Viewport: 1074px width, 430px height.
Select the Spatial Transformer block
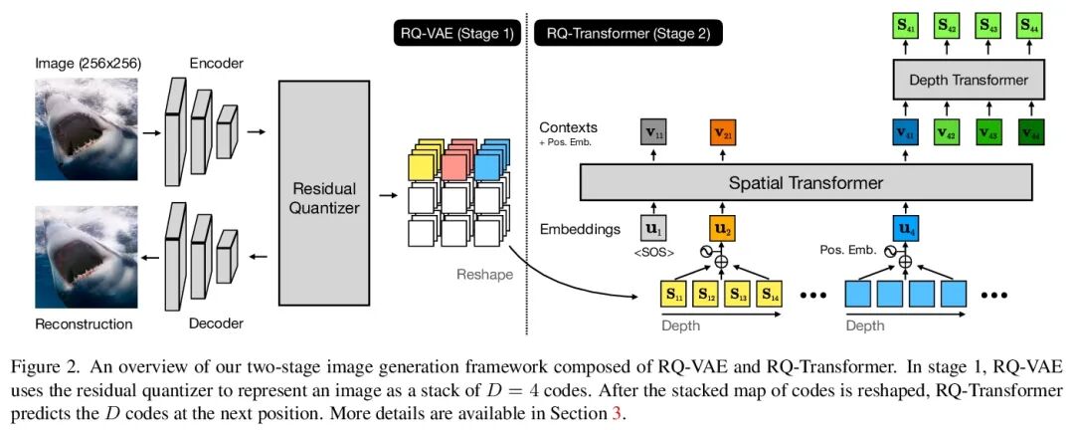[805, 183]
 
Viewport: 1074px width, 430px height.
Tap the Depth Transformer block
[968, 81]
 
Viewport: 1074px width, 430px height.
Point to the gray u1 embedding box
[652, 226]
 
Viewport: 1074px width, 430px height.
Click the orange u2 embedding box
[721, 226]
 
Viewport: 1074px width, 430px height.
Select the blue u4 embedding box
[906, 226]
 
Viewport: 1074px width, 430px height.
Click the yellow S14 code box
[771, 294]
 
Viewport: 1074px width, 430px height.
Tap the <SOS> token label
[651, 252]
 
